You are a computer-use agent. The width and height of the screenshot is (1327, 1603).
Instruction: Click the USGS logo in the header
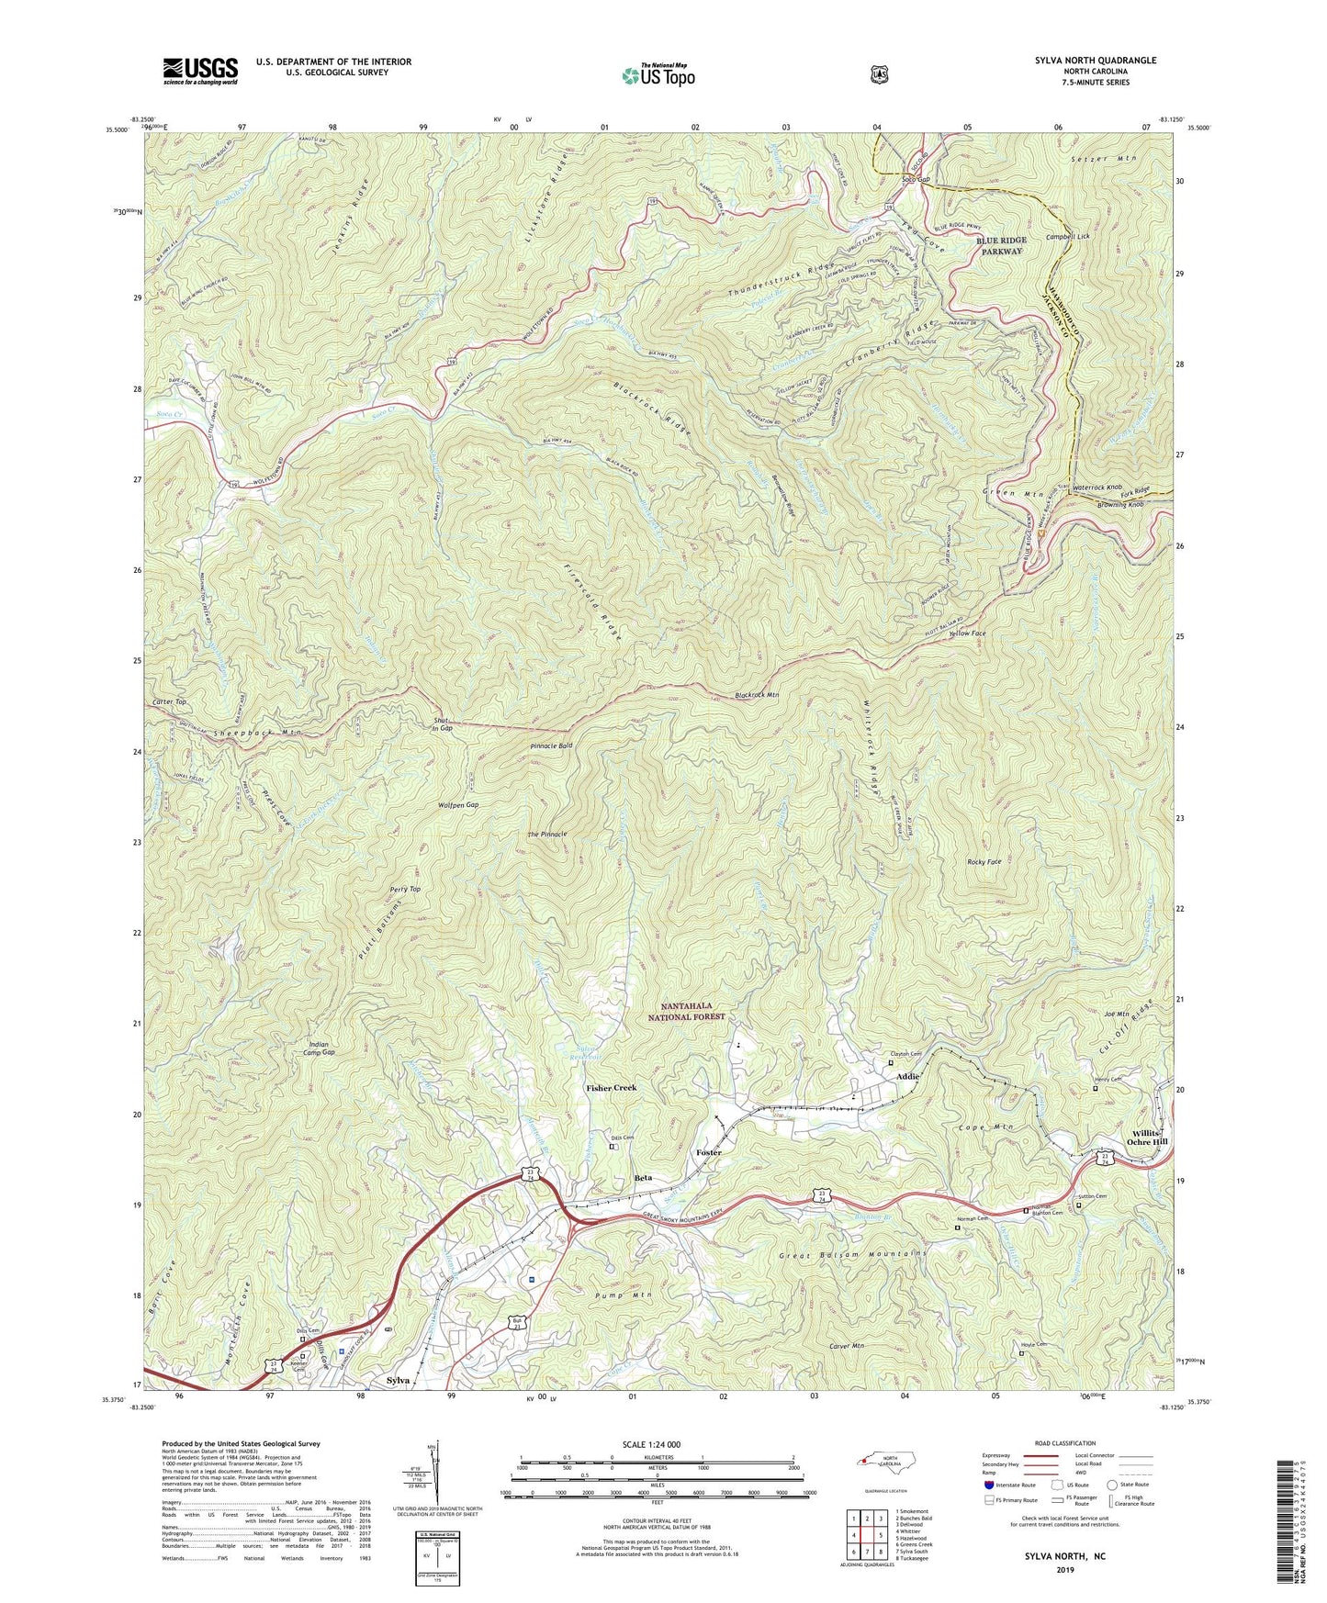[x=200, y=71]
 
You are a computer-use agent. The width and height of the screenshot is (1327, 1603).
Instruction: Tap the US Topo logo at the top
[x=657, y=75]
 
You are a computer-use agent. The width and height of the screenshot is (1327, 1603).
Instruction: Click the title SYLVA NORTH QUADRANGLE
[x=1090, y=61]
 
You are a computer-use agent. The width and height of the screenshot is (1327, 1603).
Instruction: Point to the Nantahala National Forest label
[x=688, y=1012]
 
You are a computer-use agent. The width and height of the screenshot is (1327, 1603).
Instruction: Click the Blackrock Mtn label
[x=757, y=695]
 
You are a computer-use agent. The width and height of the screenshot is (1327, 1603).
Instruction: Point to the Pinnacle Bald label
[x=551, y=745]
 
